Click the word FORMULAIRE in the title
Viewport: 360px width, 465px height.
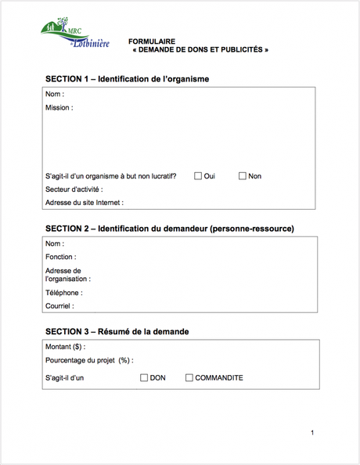point(152,41)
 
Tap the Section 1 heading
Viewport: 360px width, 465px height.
point(127,79)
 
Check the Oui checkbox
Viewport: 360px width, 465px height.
point(198,176)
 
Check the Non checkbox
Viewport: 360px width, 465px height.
point(243,176)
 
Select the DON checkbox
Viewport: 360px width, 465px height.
point(144,378)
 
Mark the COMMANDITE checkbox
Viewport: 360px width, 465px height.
point(189,378)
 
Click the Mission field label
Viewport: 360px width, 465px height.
point(59,108)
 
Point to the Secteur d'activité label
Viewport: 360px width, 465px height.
point(74,189)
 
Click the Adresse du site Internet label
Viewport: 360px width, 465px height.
point(85,203)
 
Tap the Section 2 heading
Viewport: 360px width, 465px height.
point(169,229)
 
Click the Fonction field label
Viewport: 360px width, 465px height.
point(60,257)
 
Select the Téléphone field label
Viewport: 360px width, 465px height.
point(64,293)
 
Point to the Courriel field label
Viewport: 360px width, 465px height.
point(59,306)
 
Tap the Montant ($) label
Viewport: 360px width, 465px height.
point(65,347)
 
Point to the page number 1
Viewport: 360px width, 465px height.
point(311,433)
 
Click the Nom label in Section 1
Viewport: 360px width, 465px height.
point(55,95)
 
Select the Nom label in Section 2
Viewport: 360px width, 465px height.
point(55,243)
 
